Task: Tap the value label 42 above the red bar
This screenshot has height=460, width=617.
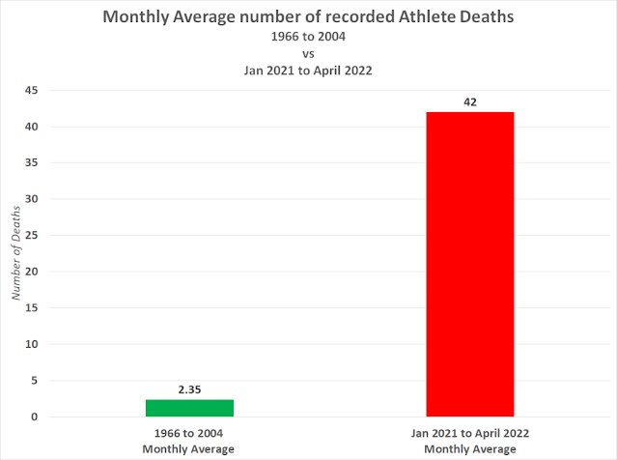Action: point(470,101)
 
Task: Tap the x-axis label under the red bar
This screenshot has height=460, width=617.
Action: point(470,442)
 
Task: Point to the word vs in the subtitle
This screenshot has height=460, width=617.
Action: point(308,54)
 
